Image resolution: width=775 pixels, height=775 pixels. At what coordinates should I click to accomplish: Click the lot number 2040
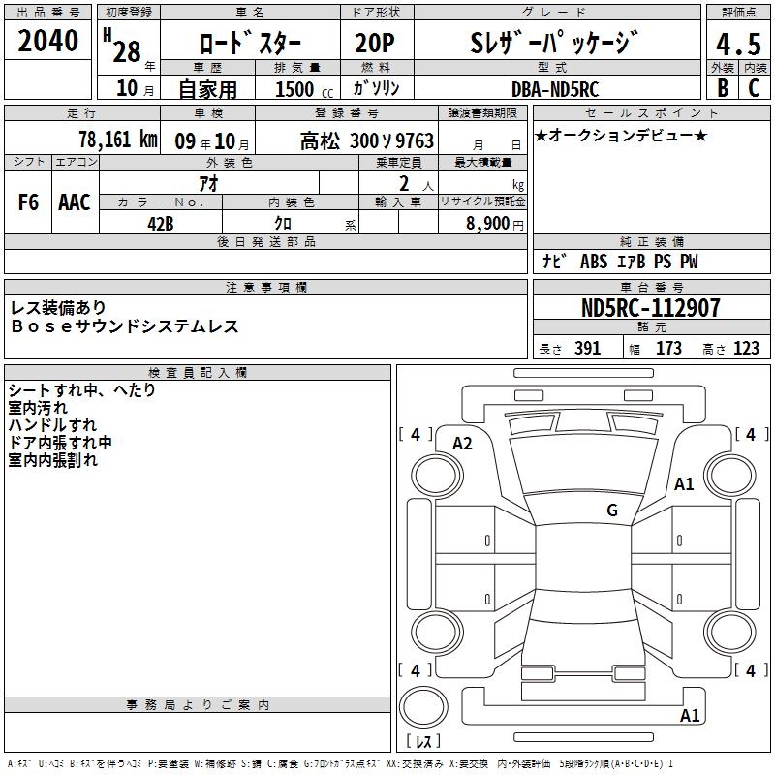[x=47, y=41]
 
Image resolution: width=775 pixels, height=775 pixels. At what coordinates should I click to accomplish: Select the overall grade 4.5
[x=738, y=44]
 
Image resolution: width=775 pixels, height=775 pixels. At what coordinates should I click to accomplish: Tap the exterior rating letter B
[x=723, y=87]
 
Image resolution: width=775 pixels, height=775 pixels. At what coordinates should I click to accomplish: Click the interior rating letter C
[x=754, y=87]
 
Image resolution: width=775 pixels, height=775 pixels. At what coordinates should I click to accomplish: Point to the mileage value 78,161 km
[x=118, y=139]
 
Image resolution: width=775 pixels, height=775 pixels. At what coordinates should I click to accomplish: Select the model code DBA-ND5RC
[x=555, y=89]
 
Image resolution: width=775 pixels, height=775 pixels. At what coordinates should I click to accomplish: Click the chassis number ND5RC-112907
[x=650, y=308]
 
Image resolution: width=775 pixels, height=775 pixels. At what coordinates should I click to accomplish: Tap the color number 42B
[x=161, y=224]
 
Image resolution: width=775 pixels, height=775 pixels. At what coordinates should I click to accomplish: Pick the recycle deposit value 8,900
[x=487, y=224]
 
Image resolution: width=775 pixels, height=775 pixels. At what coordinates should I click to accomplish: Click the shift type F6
[x=28, y=202]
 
